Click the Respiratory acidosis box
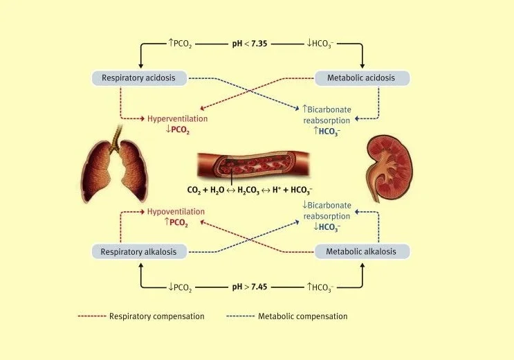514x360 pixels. [x=139, y=78]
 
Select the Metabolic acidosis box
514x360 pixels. [x=362, y=78]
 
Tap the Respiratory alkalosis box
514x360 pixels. [x=139, y=252]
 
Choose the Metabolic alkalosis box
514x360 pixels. [x=362, y=252]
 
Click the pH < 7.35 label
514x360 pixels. [x=250, y=44]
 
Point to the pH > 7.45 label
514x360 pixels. [x=250, y=287]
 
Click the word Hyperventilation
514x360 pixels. [x=177, y=118]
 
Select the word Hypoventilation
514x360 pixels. [x=176, y=212]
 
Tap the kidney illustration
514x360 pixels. [x=389, y=168]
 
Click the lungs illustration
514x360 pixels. [x=115, y=164]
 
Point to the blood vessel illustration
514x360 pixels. [x=253, y=165]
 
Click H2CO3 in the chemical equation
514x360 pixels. [x=248, y=190]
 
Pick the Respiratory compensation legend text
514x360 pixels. [x=157, y=316]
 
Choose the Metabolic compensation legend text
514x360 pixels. [x=302, y=316]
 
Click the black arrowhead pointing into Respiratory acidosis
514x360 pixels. [x=141, y=66]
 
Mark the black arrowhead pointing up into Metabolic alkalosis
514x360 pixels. [x=362, y=265]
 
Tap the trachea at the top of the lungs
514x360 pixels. [x=116, y=138]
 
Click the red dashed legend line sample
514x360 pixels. [x=92, y=316]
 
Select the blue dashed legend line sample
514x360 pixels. [x=240, y=316]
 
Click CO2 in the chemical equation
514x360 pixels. [x=194, y=190]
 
